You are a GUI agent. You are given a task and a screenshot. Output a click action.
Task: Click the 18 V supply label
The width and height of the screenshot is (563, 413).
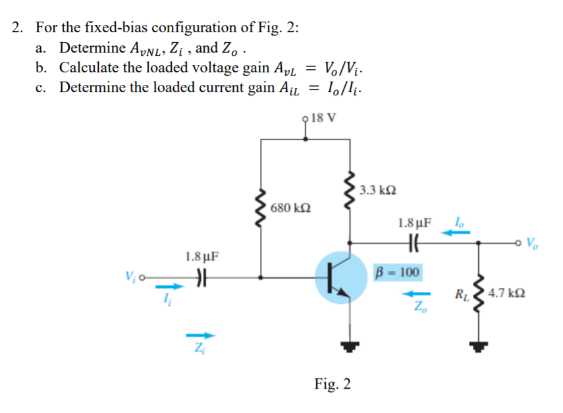(323, 118)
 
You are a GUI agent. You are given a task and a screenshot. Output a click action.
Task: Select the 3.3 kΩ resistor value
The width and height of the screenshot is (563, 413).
(379, 190)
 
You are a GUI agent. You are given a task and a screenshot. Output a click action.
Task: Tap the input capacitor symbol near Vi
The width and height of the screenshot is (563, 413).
(202, 278)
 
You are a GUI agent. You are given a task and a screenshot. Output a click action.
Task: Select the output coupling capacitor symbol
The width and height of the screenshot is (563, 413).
(414, 241)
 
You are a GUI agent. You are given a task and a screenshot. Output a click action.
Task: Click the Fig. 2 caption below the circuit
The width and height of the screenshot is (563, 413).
(333, 384)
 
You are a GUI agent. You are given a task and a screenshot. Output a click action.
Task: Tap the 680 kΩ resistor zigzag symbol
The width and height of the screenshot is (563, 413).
(262, 208)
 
